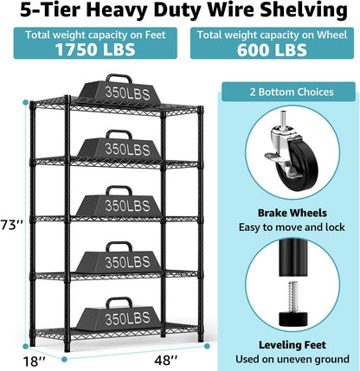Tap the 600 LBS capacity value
click(x=268, y=50)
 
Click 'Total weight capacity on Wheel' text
click(x=268, y=35)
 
